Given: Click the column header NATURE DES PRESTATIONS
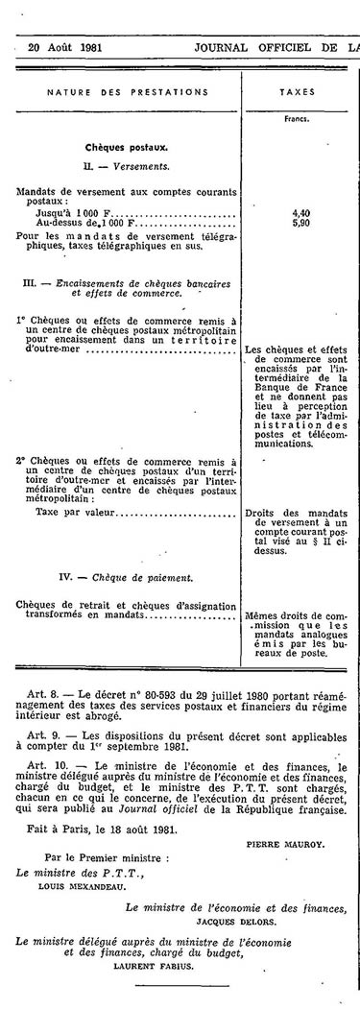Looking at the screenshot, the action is tap(127, 92).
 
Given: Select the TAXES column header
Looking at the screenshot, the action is tap(298, 92).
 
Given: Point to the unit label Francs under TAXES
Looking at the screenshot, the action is tap(298, 120).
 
